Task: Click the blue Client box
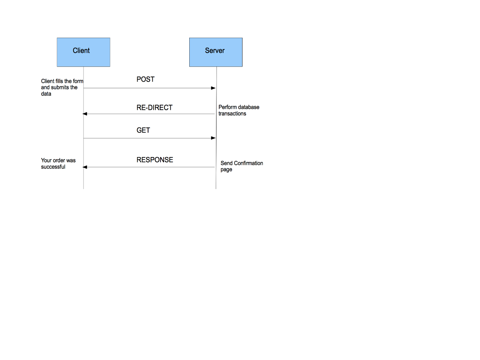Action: tap(83, 52)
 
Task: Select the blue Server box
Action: tap(216, 52)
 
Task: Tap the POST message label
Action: tap(145, 79)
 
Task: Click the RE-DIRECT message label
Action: tap(154, 107)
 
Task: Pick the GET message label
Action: tap(143, 130)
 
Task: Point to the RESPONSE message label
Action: tap(155, 160)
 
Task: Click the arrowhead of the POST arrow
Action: tap(213, 88)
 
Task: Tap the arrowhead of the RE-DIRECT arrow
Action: tap(85, 114)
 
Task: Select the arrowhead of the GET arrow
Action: tap(213, 138)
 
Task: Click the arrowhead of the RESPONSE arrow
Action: tap(85, 167)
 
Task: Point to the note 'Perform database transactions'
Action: tap(239, 110)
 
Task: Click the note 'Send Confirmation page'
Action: tap(242, 166)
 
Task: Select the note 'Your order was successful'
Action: tap(58, 163)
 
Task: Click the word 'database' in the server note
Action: tap(248, 107)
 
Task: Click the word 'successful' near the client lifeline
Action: tap(53, 167)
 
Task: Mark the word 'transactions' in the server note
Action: tap(232, 114)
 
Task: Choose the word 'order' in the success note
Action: tap(59, 160)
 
